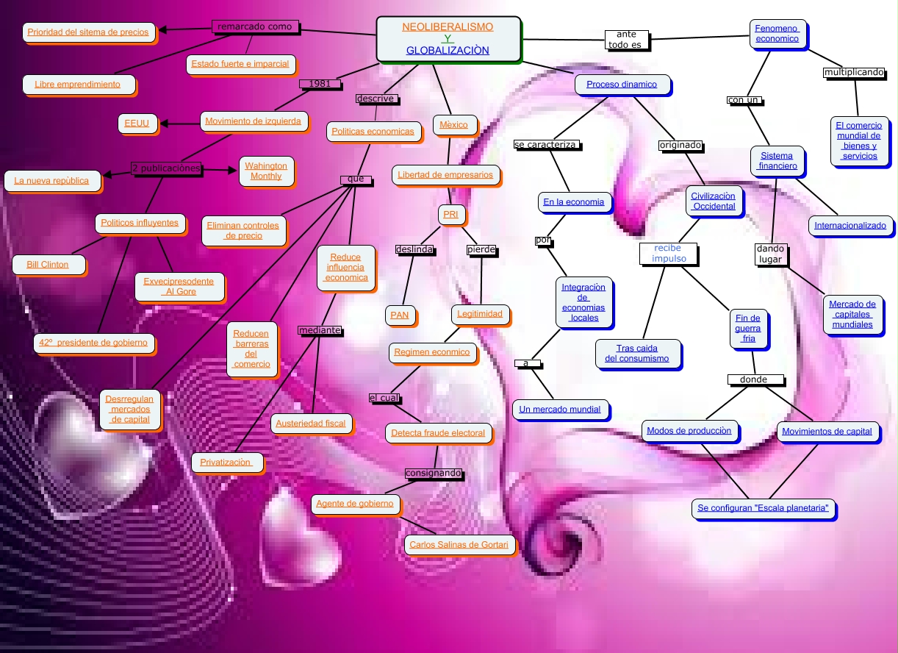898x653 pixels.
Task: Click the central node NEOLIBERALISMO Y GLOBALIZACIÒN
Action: point(448,39)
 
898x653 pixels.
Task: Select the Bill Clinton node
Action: point(48,264)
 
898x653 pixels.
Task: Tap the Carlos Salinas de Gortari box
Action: point(459,545)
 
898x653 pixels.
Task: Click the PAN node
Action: point(399,315)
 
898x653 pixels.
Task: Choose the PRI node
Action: point(450,214)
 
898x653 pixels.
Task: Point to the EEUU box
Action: point(136,124)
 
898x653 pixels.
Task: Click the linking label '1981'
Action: point(320,84)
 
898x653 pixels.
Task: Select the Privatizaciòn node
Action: point(226,462)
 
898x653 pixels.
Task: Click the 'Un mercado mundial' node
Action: point(560,409)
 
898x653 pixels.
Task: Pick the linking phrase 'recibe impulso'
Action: point(669,254)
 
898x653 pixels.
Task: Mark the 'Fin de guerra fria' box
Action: point(748,328)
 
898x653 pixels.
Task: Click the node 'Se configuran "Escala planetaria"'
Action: point(764,507)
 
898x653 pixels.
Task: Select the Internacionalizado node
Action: point(850,225)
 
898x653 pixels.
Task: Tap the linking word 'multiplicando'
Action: point(854,72)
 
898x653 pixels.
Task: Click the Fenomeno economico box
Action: point(777,34)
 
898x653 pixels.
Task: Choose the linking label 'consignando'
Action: point(434,473)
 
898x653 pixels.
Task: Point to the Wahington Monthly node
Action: point(266,171)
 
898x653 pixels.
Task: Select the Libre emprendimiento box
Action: point(77,85)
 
